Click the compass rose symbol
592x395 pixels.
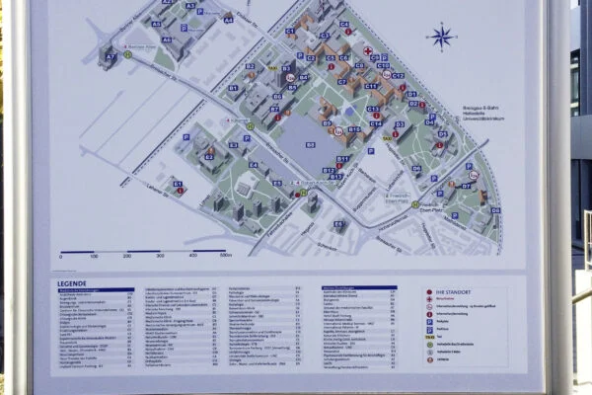click(441, 38)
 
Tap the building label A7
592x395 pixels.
click(110, 56)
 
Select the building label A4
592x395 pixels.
click(228, 19)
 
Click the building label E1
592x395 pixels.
click(178, 183)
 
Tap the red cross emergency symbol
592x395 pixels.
click(367, 50)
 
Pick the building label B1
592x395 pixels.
click(233, 88)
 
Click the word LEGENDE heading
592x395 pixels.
click(72, 282)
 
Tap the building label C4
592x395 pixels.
click(343, 24)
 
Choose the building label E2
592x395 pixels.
click(209, 156)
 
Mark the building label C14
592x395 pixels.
click(376, 123)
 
